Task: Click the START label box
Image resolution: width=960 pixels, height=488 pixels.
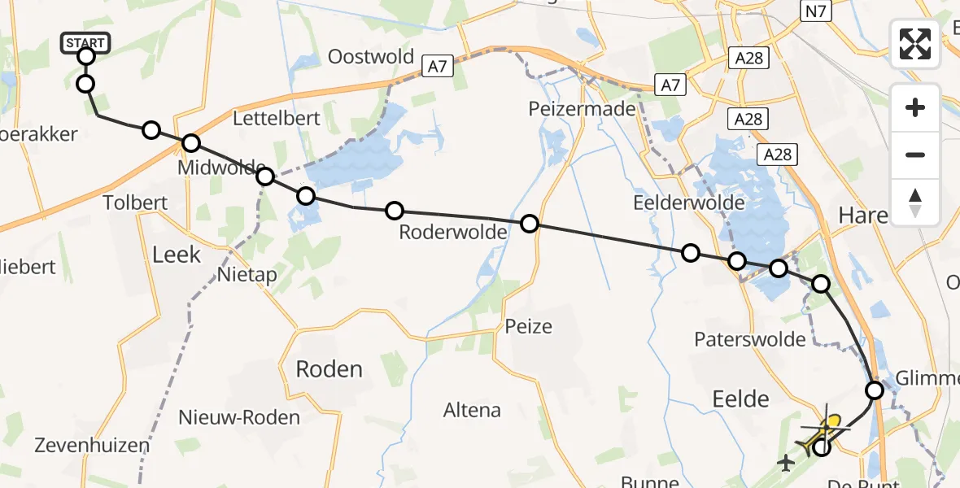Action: pyautogui.click(x=85, y=42)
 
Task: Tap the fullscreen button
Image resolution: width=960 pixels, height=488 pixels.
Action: pyautogui.click(x=915, y=44)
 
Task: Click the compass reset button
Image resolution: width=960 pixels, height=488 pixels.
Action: pyautogui.click(x=915, y=203)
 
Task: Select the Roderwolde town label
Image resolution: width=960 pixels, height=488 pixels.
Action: pyautogui.click(x=452, y=233)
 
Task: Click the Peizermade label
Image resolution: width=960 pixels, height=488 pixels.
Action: pyautogui.click(x=582, y=108)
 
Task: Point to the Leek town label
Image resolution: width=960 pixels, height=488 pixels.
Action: pyautogui.click(x=177, y=255)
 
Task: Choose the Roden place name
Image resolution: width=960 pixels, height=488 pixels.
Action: pyautogui.click(x=329, y=369)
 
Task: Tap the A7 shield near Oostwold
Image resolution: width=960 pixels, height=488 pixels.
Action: pyautogui.click(x=438, y=66)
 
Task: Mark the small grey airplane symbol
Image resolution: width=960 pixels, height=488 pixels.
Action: pyautogui.click(x=785, y=464)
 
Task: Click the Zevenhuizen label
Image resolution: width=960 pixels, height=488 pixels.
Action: pyautogui.click(x=92, y=445)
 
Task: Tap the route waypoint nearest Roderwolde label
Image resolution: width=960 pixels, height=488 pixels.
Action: pyautogui.click(x=394, y=211)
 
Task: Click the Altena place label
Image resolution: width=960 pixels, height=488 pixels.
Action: pyautogui.click(x=472, y=410)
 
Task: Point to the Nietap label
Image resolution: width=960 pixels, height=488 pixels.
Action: pyautogui.click(x=247, y=275)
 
